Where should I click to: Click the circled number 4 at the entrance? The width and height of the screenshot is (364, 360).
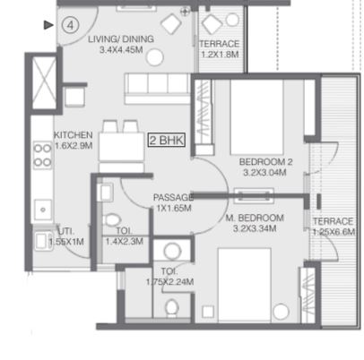pos(70,25)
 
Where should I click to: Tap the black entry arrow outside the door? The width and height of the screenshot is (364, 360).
pos(48,25)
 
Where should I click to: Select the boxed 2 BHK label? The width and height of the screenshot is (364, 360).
pos(167,140)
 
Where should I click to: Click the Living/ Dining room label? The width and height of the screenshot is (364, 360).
pos(121,39)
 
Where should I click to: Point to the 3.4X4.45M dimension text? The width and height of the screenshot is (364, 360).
pos(121,50)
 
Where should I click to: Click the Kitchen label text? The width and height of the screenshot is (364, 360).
pos(74,135)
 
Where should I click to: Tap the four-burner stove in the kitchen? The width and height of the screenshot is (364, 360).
pos(42,155)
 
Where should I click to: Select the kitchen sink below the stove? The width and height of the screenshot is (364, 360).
pos(43,210)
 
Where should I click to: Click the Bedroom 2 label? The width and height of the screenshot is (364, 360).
pos(266,162)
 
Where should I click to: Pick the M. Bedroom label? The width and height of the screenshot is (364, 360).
pos(255,218)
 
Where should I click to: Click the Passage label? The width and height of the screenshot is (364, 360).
pos(173,197)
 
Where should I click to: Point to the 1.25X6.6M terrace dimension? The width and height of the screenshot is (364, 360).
pos(334,232)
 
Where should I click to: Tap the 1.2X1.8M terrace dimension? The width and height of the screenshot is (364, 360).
pos(220,55)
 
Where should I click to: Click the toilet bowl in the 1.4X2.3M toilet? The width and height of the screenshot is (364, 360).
pos(111,220)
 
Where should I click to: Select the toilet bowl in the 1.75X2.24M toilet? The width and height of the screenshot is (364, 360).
pos(172,308)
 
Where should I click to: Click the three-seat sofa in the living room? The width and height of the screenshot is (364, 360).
pos(157,89)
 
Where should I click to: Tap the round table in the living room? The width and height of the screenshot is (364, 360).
pos(155,57)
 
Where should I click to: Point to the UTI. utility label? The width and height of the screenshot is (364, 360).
pos(66,231)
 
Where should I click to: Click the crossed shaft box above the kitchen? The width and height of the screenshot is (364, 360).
pos(44,82)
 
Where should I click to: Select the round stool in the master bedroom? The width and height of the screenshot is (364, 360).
pos(281,312)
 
